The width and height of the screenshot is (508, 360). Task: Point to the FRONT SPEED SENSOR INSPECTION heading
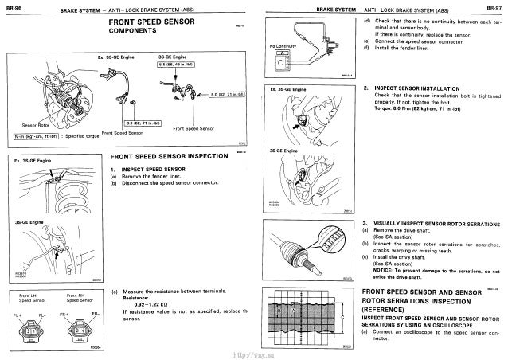pyautogui.click(x=164, y=158)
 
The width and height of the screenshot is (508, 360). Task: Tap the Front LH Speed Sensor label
pyautogui.click(x=29, y=299)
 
